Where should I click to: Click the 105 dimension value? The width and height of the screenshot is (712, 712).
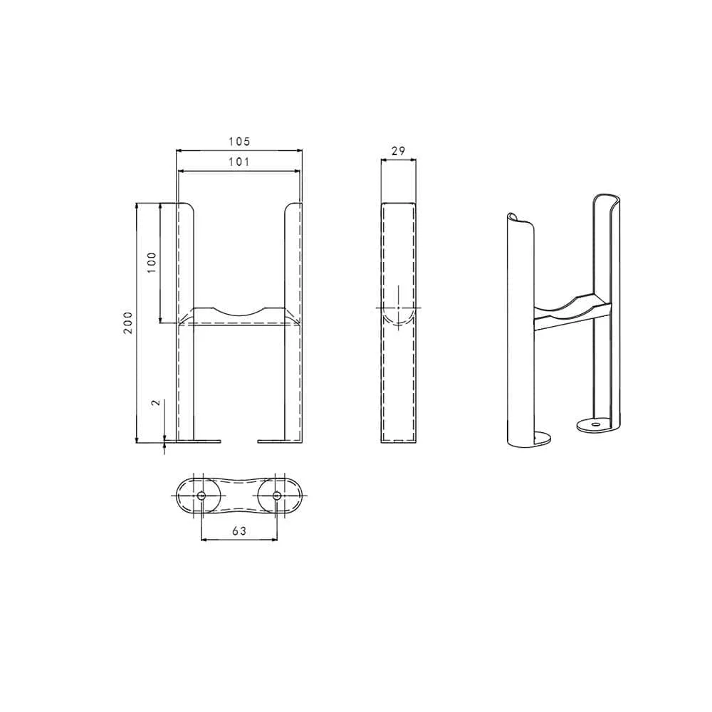(239, 142)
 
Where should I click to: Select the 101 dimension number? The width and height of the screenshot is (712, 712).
(239, 162)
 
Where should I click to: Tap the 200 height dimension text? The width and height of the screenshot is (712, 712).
(128, 323)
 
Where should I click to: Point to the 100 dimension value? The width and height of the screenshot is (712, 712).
(152, 262)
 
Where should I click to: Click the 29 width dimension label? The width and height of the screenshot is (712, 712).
(398, 151)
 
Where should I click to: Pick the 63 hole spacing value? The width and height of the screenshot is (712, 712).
(239, 530)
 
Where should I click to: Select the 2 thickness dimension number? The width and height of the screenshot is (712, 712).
(156, 402)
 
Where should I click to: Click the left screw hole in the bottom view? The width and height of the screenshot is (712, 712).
(201, 496)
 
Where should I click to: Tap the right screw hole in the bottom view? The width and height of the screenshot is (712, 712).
(276, 496)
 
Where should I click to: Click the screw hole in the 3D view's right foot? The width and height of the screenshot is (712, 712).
(595, 425)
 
